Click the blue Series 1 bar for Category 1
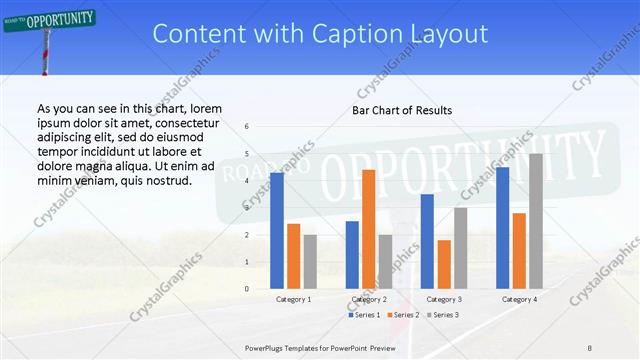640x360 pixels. [x=276, y=231]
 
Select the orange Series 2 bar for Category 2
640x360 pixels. [x=368, y=229]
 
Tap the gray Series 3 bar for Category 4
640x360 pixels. [x=536, y=221]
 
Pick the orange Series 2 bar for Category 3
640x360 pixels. [x=444, y=264]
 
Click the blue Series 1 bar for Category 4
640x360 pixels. [x=502, y=228]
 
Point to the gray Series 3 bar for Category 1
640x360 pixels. [x=310, y=262]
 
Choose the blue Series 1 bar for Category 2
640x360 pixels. [x=352, y=255]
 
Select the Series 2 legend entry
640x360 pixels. [x=402, y=315]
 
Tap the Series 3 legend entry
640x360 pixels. [x=442, y=315]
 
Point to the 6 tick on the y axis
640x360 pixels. [x=246, y=127]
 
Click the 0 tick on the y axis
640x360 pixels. [x=246, y=289]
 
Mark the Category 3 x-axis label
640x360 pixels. [x=444, y=299]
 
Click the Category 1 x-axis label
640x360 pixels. [x=293, y=299]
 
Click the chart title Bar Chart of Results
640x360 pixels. [x=403, y=109]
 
